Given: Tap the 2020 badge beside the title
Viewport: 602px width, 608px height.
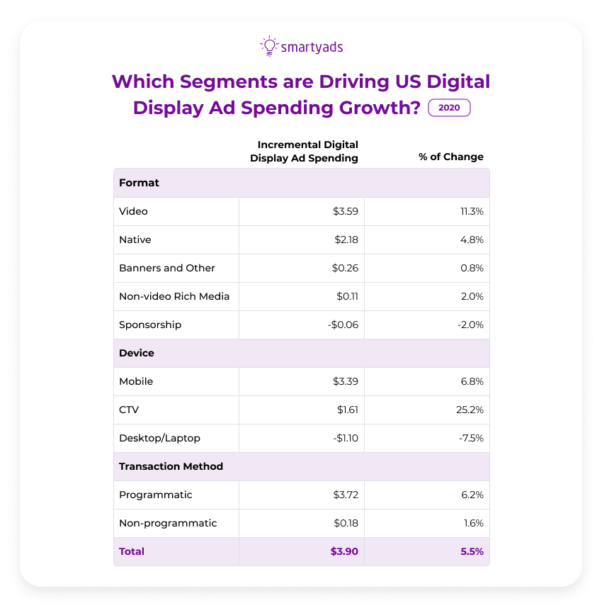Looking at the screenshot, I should pyautogui.click(x=450, y=108).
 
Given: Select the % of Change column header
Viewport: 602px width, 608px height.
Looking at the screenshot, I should pyautogui.click(x=451, y=157).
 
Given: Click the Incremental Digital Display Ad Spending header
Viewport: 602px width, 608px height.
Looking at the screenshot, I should pyautogui.click(x=305, y=151).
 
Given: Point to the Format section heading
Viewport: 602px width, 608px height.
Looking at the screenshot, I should pyautogui.click(x=140, y=183).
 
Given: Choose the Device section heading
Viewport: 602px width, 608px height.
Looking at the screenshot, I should pyautogui.click(x=137, y=353).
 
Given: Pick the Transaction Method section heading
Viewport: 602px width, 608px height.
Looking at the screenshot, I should pyautogui.click(x=171, y=466).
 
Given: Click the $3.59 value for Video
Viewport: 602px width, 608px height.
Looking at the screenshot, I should pyautogui.click(x=346, y=211).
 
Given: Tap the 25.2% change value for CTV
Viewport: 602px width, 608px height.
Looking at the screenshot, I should pyautogui.click(x=470, y=410).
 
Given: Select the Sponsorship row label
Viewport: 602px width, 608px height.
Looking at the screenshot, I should pyautogui.click(x=150, y=325).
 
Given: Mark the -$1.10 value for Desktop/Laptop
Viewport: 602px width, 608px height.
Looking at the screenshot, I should pyautogui.click(x=344, y=438).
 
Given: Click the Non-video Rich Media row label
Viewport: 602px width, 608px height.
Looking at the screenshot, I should pyautogui.click(x=174, y=296).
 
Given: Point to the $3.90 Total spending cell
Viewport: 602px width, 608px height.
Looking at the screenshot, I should pyautogui.click(x=344, y=551).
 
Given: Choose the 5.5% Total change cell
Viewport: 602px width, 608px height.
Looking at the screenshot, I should pyautogui.click(x=472, y=551).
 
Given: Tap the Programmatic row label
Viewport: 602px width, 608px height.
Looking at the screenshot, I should pyautogui.click(x=156, y=495).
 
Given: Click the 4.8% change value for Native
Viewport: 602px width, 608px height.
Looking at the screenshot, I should pyautogui.click(x=472, y=240).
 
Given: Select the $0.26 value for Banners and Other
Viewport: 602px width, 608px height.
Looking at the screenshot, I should pyautogui.click(x=346, y=268).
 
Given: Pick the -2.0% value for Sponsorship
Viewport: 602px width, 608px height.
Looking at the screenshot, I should pyautogui.click(x=470, y=325).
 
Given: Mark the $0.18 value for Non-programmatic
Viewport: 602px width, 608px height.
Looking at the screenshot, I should pyautogui.click(x=346, y=523).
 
